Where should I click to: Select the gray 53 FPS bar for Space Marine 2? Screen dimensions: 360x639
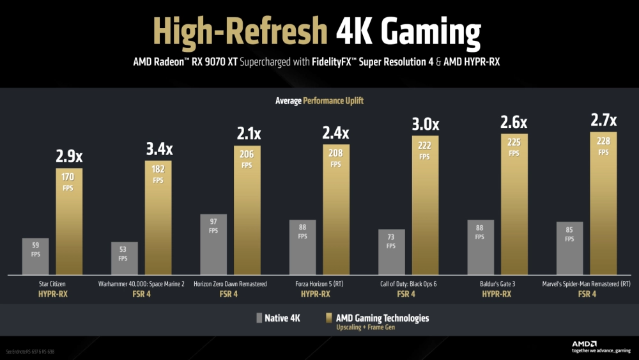coord(124,258)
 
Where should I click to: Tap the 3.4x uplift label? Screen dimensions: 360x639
coord(158,150)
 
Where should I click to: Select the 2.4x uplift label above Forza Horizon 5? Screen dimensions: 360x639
coord(336,134)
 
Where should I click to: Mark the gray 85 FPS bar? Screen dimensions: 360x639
coord(569,249)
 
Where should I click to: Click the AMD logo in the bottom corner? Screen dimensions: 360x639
coord(585,342)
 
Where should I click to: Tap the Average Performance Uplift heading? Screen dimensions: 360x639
coord(319,101)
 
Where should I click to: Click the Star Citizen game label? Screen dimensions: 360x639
coord(52,283)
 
